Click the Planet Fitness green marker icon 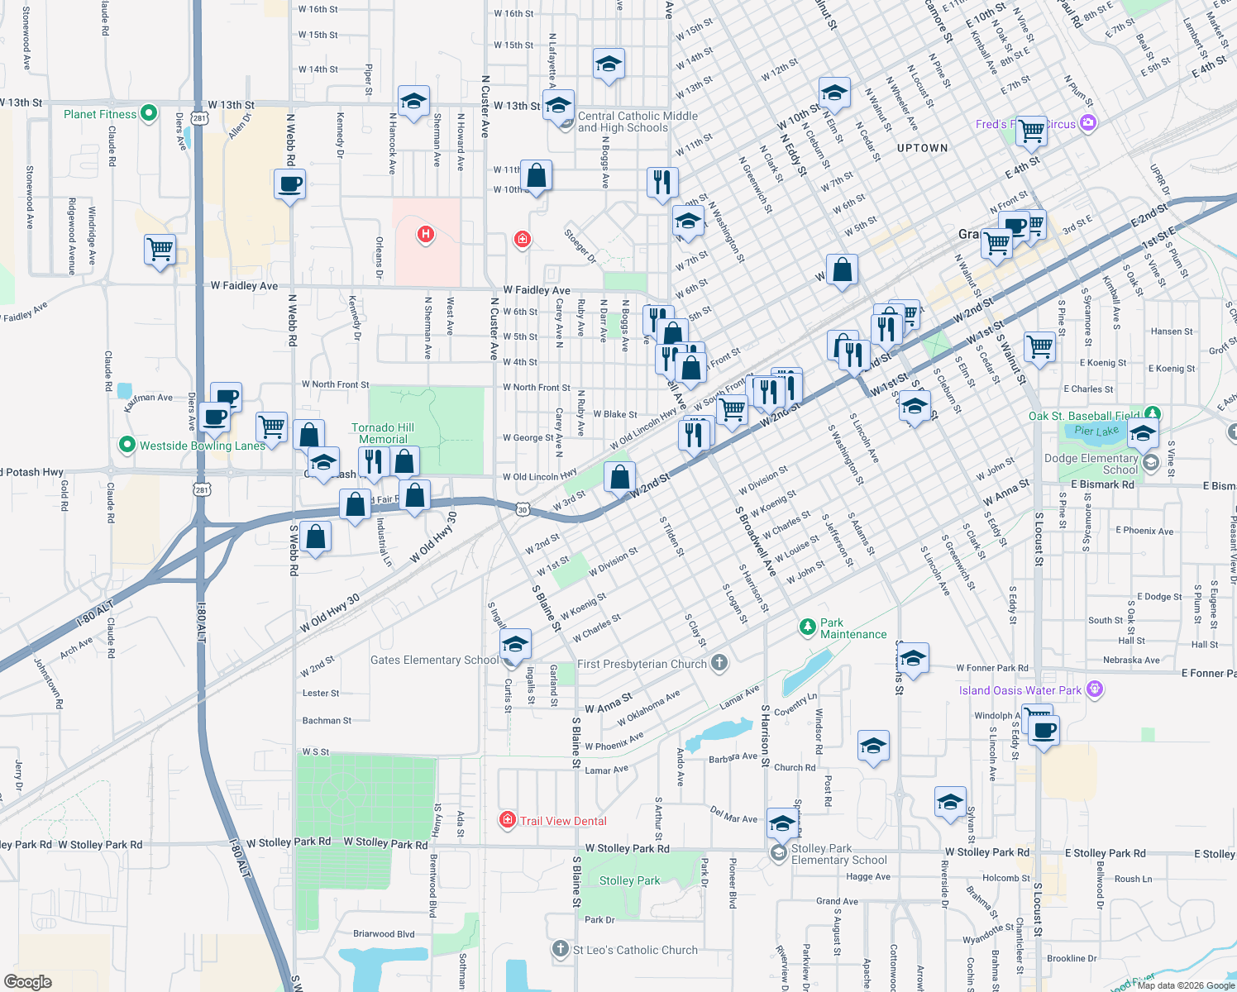coord(149,113)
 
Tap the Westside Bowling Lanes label coord(202,446)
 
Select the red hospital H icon coord(426,234)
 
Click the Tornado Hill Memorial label coord(383,433)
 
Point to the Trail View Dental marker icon coord(507,820)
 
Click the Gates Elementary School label coord(434,660)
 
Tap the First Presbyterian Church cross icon coord(719,663)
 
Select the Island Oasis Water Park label coord(1020,690)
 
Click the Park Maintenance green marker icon coord(807,627)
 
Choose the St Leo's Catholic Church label coord(635,950)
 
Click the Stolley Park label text coord(629,880)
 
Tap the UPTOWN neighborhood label coord(922,148)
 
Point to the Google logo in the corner coord(28,981)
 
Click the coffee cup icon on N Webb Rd coord(289,184)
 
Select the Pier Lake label coord(1096,431)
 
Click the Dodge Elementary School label coord(1091,464)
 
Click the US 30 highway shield coord(523,510)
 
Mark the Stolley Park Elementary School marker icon coord(778,853)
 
